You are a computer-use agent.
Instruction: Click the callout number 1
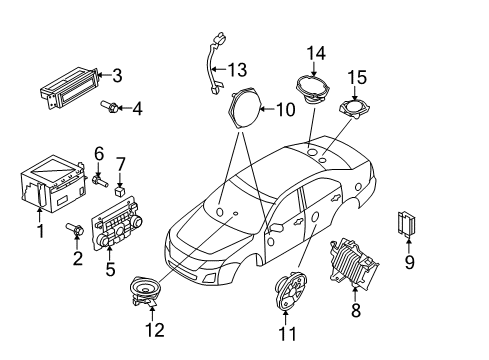(39, 231)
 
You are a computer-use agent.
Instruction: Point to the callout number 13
(237, 69)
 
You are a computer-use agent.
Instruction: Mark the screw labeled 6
(98, 180)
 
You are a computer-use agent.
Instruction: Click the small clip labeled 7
(119, 187)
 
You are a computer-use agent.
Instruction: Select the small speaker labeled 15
(354, 108)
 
